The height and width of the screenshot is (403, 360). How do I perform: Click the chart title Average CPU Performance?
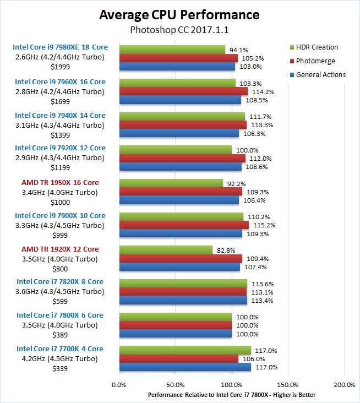(180, 14)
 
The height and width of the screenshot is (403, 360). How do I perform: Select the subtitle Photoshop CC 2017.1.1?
(180, 29)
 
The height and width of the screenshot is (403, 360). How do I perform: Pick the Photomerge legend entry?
(315, 61)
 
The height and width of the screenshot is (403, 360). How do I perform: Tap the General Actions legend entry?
(321, 75)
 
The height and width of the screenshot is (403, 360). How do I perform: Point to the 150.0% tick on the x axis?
(288, 384)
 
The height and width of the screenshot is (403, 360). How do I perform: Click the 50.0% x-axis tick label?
(175, 384)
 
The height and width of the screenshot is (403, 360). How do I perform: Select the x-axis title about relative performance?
(232, 395)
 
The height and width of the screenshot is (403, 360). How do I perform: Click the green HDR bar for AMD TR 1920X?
(166, 250)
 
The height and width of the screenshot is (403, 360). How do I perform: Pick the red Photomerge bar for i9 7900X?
(184, 225)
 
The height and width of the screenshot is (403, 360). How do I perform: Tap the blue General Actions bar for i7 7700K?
(185, 367)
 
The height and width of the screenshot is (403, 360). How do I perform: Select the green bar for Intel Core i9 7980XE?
(172, 50)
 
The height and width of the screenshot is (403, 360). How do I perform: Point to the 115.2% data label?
(261, 225)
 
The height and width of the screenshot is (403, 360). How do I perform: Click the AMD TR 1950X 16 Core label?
(60, 182)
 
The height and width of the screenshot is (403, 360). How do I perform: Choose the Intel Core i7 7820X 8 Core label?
(60, 282)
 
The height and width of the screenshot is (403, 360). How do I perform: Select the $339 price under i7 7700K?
(60, 368)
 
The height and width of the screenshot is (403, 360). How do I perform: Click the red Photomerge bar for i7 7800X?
(175, 325)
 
